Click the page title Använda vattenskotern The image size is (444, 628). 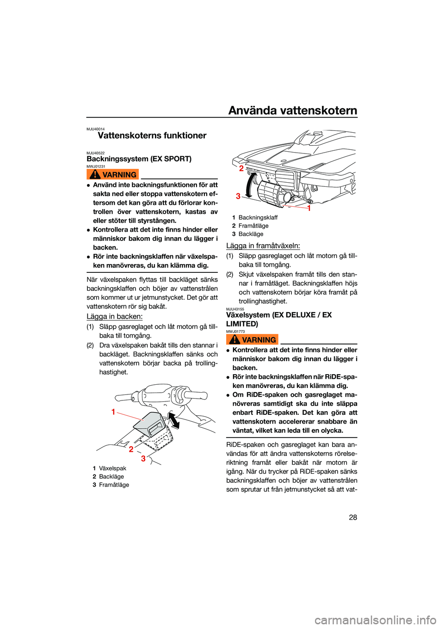[x=293, y=111]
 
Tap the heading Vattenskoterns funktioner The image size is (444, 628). [x=152, y=135]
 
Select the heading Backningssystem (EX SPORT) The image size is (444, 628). [x=139, y=159]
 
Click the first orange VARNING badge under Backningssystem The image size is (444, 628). [x=113, y=174]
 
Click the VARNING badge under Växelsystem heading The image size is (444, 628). [x=252, y=339]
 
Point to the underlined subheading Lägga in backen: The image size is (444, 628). [x=115, y=316]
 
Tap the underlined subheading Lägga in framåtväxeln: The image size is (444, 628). [x=263, y=246]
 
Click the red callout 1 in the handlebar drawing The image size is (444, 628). [x=113, y=412]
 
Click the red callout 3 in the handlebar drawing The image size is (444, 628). [x=143, y=459]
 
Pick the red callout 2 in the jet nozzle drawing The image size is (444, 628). [x=241, y=168]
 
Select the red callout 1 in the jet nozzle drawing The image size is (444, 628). [x=309, y=208]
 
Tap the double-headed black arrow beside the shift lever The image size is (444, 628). [x=174, y=420]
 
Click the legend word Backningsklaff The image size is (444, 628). [x=258, y=217]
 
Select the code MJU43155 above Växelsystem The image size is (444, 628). [x=235, y=309]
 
